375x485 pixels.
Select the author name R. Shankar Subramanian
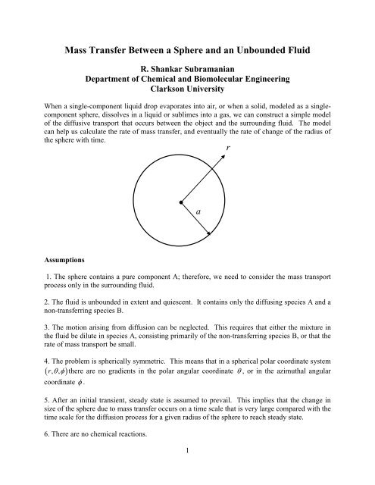click(x=186, y=77)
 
